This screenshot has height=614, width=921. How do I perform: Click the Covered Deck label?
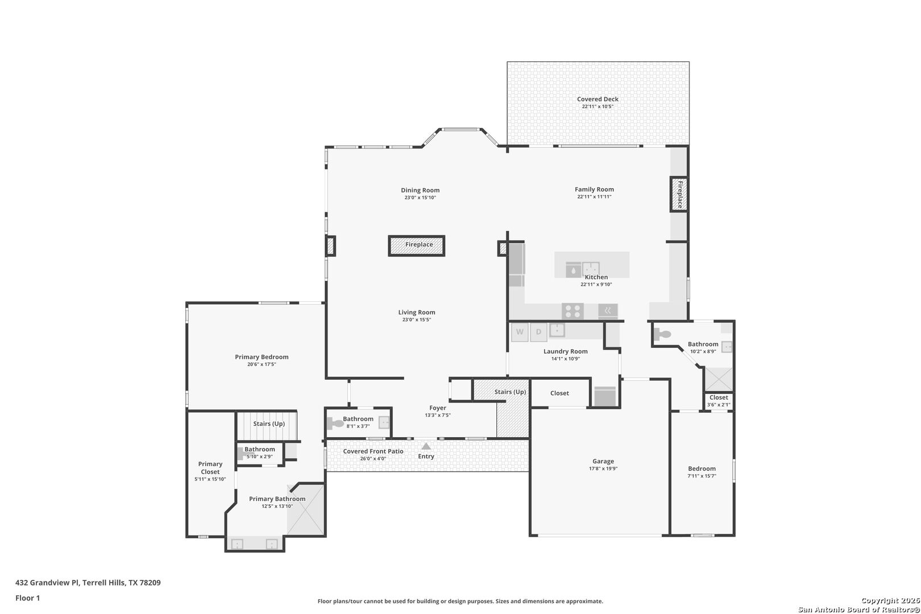[x=598, y=99]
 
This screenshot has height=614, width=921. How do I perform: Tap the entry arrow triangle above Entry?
[x=426, y=446]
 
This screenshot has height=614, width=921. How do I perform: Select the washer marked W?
[x=520, y=332]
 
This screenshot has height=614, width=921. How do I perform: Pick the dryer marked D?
[x=538, y=332]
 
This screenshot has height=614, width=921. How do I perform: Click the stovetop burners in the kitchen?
[x=572, y=311]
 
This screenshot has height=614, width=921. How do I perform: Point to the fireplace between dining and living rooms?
[x=417, y=246]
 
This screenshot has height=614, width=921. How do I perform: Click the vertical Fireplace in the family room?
[x=679, y=194]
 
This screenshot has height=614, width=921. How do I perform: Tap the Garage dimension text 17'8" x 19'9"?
[x=603, y=468]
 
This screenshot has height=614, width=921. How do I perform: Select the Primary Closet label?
[x=210, y=468]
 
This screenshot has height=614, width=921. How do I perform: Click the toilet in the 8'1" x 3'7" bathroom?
[x=335, y=423]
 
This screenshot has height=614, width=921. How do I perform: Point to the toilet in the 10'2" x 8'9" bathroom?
[x=662, y=334]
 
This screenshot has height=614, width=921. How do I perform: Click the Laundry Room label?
[x=565, y=351]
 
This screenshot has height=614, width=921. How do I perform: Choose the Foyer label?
[x=438, y=408]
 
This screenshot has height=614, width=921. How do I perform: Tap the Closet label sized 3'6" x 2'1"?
[x=719, y=397]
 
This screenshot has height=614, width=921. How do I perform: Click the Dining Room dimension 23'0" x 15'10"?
[x=420, y=198]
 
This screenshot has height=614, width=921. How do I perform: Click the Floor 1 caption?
[x=27, y=598]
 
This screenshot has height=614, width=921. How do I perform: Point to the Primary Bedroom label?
[x=262, y=357]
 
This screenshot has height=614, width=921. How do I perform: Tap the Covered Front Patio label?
[x=374, y=451]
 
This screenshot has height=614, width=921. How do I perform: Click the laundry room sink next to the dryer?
[x=557, y=330]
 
